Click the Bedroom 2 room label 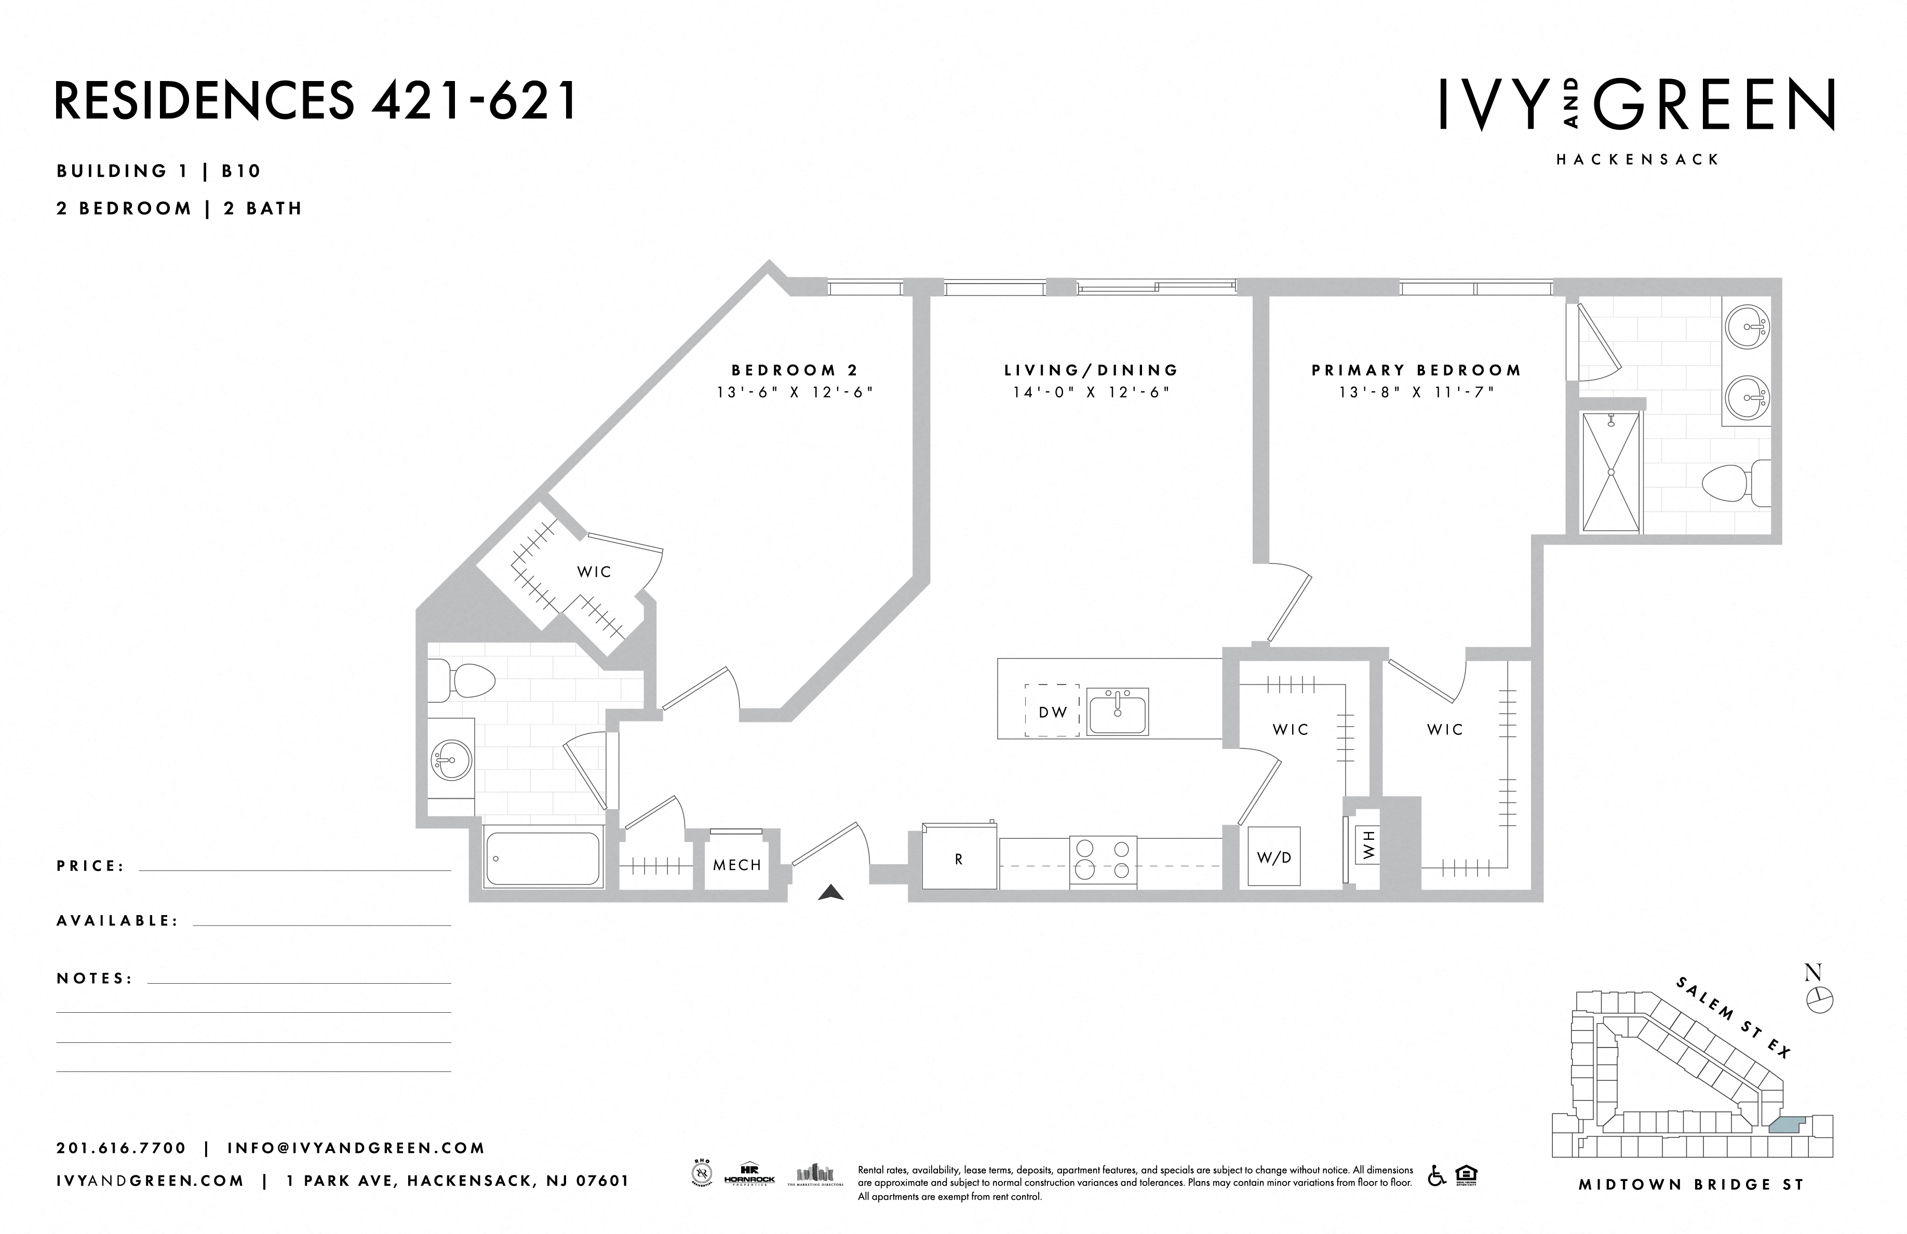click(x=794, y=370)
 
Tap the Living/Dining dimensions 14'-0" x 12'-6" click(x=1091, y=393)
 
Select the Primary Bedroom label click(x=1416, y=370)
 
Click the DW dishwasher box click(x=1052, y=712)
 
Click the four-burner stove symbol click(x=1103, y=861)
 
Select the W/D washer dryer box click(x=1273, y=856)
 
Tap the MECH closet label click(x=736, y=865)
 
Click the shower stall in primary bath click(x=1610, y=472)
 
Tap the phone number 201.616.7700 click(x=121, y=1147)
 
